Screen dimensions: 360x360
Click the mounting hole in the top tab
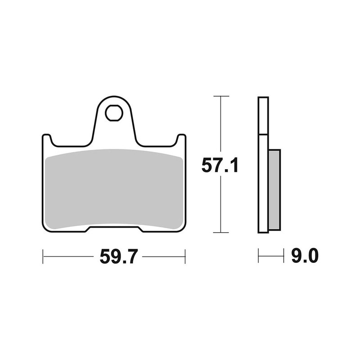click(114, 113)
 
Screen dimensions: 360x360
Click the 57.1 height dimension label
click(220, 166)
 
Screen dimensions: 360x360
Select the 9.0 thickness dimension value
click(305, 256)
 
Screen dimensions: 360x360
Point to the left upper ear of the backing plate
click(47, 139)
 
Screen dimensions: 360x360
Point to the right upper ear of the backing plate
click(181, 139)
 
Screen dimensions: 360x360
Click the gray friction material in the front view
click(114, 189)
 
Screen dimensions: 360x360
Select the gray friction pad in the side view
click(274, 189)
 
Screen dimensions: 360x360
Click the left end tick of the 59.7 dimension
click(43, 256)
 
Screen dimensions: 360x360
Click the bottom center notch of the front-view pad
click(114, 229)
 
